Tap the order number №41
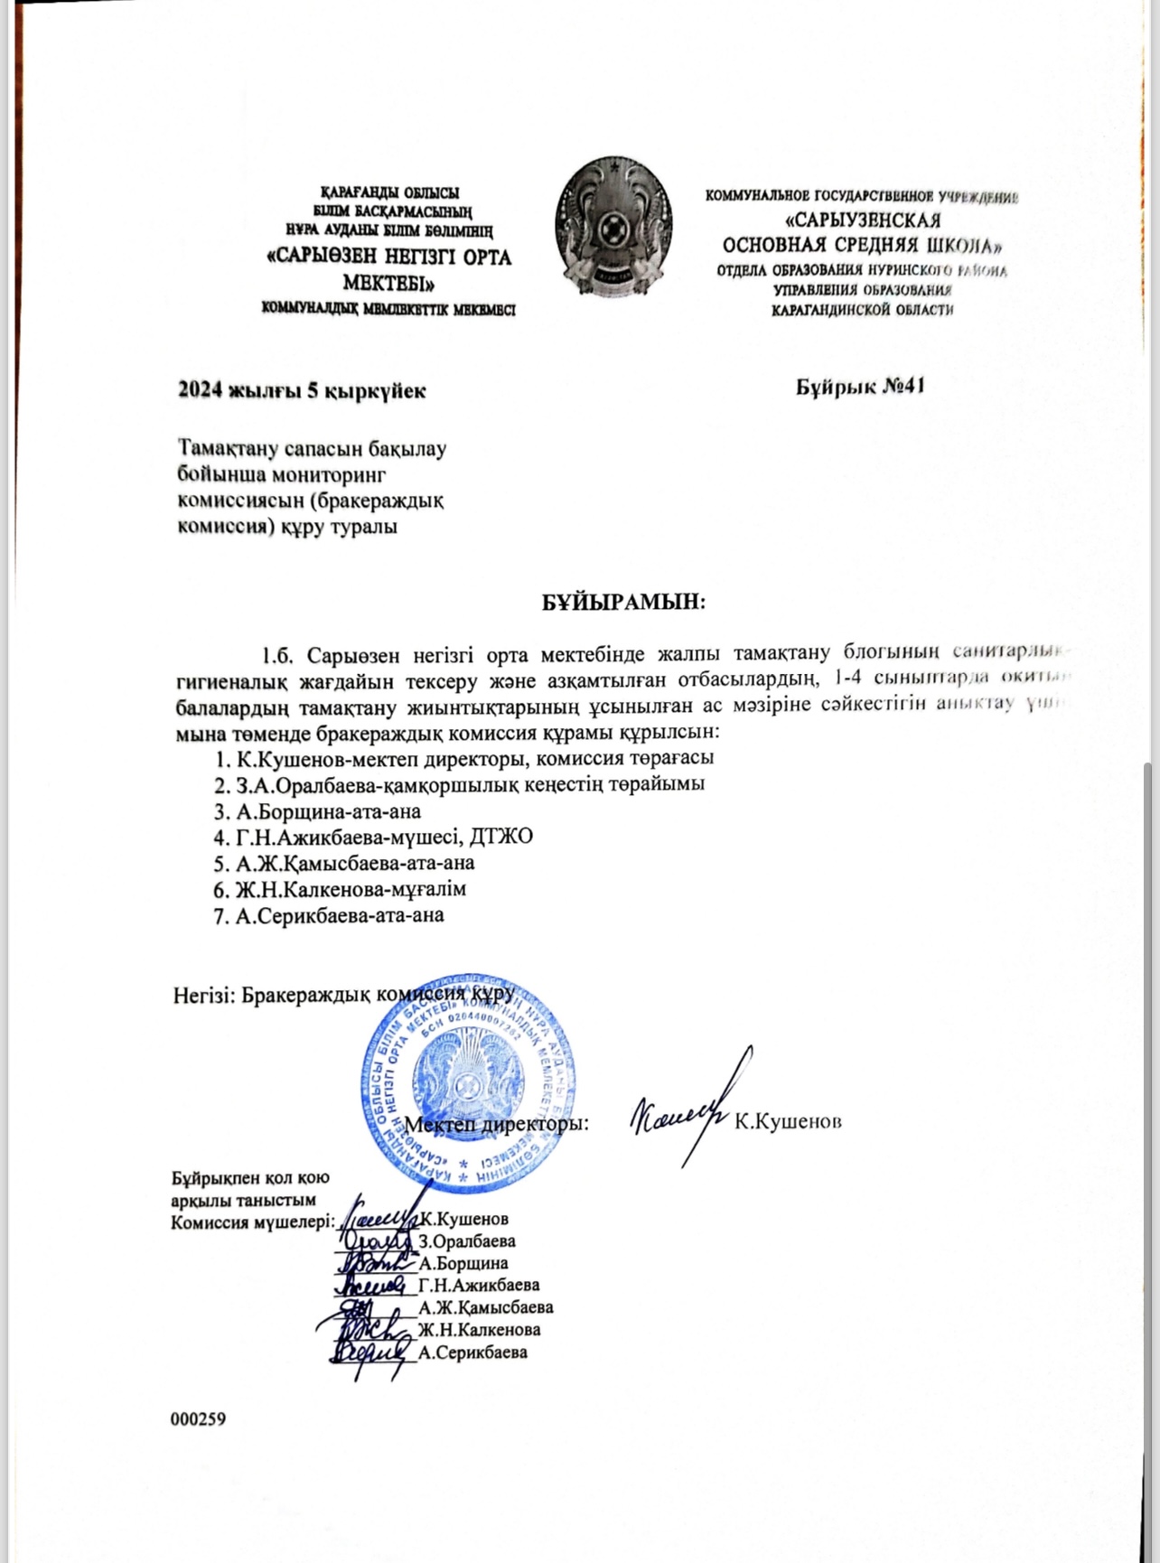click(898, 387)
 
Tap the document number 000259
click(198, 1418)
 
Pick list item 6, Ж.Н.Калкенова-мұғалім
click(340, 889)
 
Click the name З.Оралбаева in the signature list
click(467, 1240)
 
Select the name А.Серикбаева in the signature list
click(473, 1352)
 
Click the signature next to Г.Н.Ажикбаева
click(370, 1283)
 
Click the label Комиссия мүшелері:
click(253, 1221)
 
